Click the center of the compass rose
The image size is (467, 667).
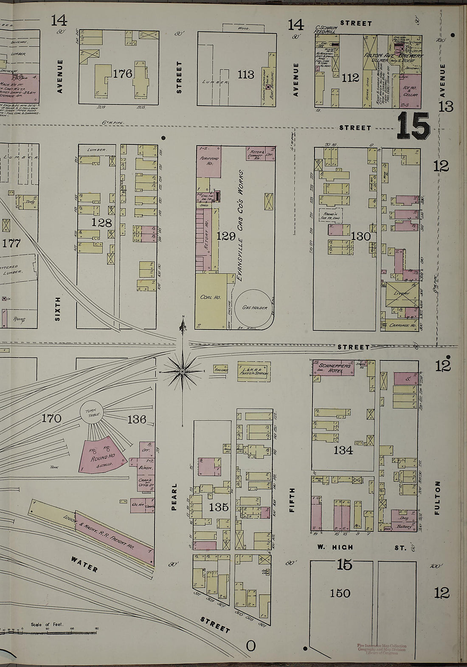[182, 371]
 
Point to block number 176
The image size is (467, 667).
[123, 74]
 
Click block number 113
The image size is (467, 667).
[246, 75]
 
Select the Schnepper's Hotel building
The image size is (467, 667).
[334, 368]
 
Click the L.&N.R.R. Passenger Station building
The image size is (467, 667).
[253, 371]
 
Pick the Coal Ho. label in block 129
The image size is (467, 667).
[210, 297]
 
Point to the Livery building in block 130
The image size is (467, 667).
[401, 294]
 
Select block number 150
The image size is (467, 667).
[340, 593]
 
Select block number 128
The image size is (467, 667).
[101, 223]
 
